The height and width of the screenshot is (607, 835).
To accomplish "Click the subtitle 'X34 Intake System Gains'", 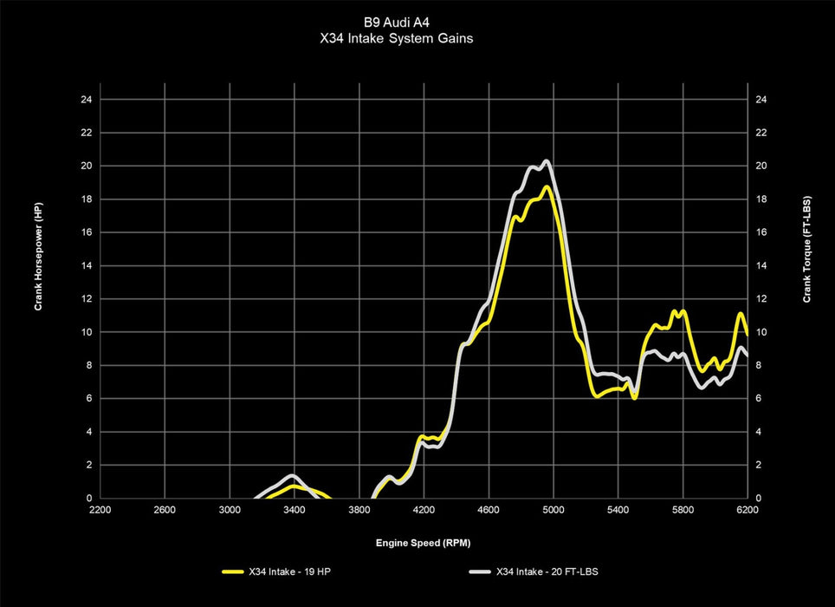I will coord(417,39).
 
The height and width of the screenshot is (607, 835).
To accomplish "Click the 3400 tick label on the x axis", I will coord(294,510).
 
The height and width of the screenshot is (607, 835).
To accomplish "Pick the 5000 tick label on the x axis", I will coord(553,510).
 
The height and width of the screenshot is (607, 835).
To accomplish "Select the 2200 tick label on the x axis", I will coord(100,510).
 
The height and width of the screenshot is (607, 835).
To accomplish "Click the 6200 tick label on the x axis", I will coord(747,510).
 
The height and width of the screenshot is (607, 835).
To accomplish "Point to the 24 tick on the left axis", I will coord(86,100).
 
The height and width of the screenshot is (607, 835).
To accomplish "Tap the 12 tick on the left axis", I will coord(86,299).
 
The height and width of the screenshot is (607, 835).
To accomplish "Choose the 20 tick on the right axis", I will coord(761,166).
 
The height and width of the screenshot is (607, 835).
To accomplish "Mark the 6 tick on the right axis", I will coord(759,399).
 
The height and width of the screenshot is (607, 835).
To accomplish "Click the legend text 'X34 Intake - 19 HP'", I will coord(283,572).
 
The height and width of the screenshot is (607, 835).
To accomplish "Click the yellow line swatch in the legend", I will coord(232,572).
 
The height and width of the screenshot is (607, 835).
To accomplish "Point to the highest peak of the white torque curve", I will coord(546,161).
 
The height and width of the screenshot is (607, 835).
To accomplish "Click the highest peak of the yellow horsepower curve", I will coord(547,186).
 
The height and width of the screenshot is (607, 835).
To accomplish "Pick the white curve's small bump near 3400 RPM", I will coord(292,476).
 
